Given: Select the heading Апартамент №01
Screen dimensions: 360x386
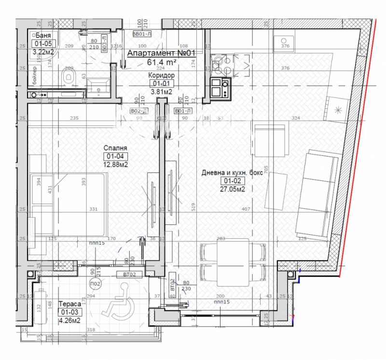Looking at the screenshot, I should coord(161,54).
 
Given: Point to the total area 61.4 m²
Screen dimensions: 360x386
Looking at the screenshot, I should coord(161,62).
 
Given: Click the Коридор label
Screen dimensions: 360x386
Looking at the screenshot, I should coord(161,76).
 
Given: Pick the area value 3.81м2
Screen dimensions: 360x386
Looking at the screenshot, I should coord(161,91).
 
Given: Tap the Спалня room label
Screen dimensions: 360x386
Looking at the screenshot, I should coord(116,148).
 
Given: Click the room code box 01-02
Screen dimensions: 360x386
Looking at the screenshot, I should coord(232,181).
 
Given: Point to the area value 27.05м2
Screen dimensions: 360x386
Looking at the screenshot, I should coord(232,189).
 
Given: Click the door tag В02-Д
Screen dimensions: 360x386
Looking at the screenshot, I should coord(139,111).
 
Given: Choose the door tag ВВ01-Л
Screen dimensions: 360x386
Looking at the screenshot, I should coord(142,34).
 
